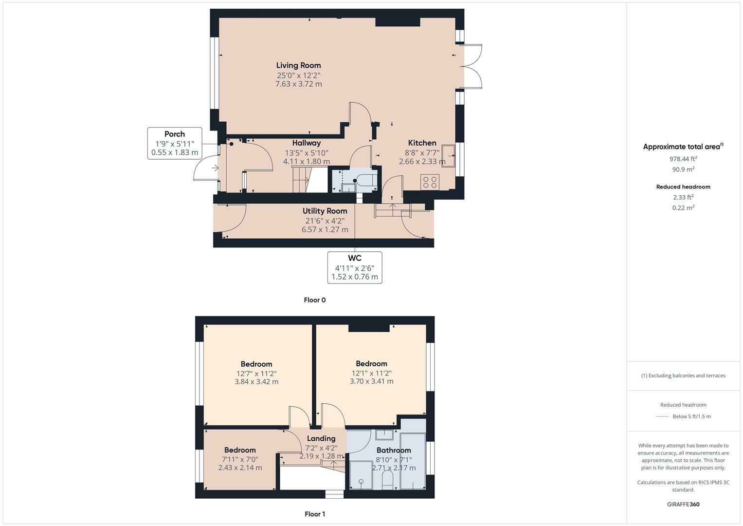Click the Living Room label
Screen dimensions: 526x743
[x=298, y=65]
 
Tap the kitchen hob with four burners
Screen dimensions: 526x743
[x=430, y=182]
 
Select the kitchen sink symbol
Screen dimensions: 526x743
[x=448, y=155]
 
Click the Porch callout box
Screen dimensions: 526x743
[x=175, y=143]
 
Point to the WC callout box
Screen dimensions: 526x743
[x=355, y=267]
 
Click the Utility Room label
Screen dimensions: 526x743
[x=325, y=211]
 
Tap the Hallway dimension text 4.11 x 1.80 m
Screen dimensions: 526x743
[x=307, y=161]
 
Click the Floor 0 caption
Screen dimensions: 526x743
[x=315, y=300]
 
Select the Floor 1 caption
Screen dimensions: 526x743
[x=315, y=514]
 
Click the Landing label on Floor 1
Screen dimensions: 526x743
[x=321, y=438]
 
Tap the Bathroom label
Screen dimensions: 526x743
[x=394, y=450]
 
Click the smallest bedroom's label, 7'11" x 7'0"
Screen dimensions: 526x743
[x=240, y=459]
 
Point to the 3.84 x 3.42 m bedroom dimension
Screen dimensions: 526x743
[x=256, y=382]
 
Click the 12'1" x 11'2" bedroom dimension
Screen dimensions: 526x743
[x=371, y=373]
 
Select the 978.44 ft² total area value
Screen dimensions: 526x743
[x=683, y=159]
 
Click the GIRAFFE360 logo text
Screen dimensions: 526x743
[x=683, y=504]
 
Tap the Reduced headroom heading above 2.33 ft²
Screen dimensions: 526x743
[x=683, y=187]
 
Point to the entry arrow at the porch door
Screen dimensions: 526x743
[x=215, y=168]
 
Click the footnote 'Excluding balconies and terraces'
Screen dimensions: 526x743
[x=683, y=376]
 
